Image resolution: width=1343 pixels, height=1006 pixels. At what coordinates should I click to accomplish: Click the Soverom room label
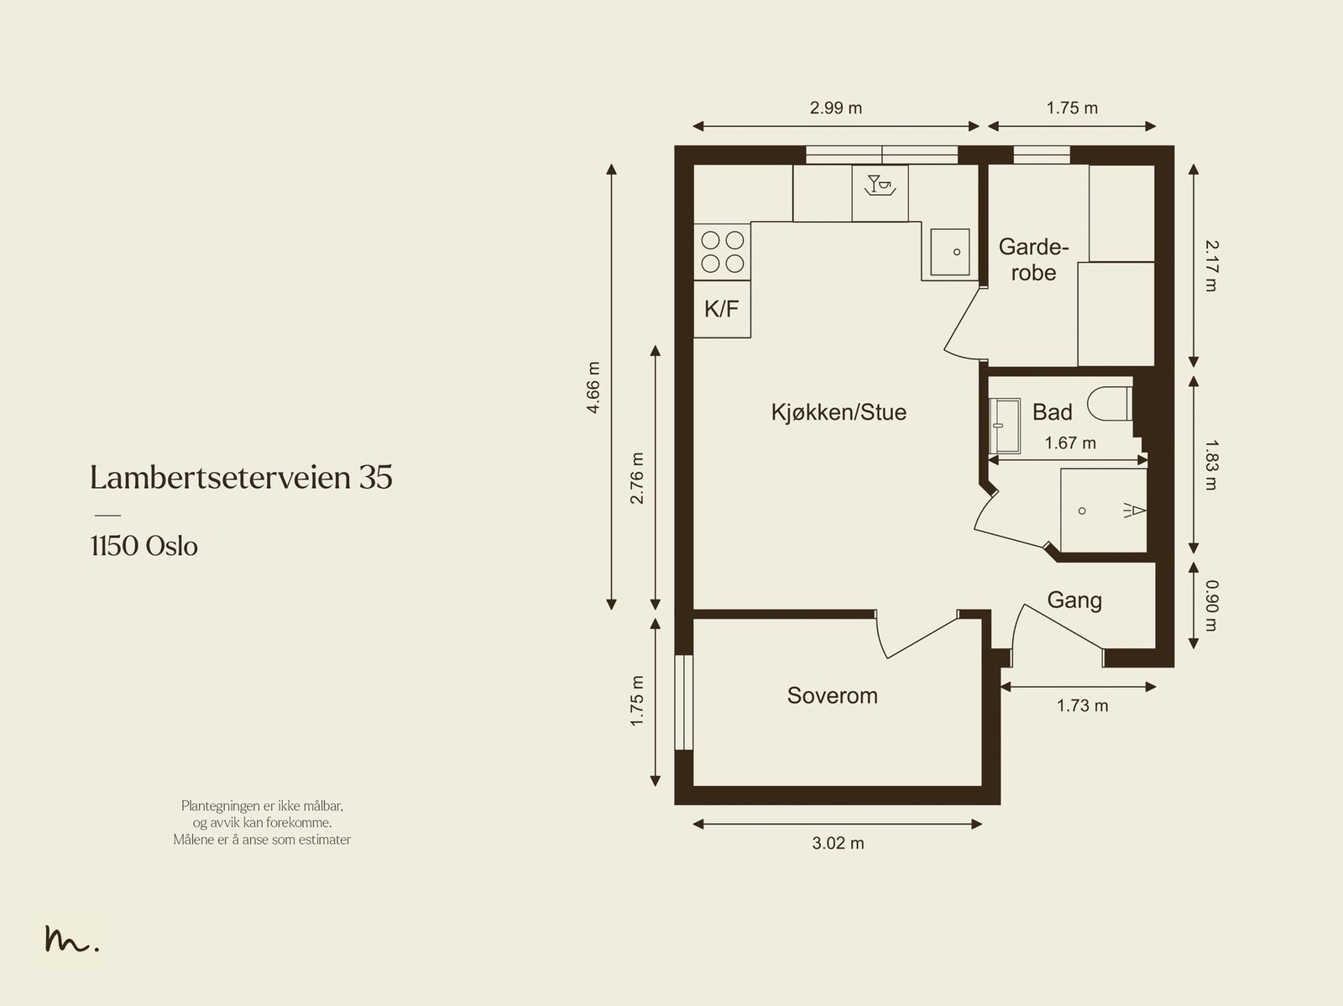click(832, 696)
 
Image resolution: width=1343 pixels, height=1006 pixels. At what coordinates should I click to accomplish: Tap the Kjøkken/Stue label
click(839, 412)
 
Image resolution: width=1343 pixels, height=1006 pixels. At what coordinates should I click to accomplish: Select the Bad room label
click(1052, 412)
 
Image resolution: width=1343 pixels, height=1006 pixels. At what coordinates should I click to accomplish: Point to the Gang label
click(1074, 600)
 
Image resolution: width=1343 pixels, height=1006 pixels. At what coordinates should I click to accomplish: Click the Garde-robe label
click(1033, 260)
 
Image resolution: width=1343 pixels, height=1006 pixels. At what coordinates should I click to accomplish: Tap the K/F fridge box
click(722, 309)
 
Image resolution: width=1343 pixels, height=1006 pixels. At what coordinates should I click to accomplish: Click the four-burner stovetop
click(723, 252)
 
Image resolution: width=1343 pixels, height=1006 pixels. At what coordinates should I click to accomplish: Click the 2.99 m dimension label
click(836, 107)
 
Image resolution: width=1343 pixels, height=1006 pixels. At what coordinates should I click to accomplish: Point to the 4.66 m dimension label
click(593, 387)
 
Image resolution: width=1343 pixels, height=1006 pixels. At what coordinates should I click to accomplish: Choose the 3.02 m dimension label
click(838, 843)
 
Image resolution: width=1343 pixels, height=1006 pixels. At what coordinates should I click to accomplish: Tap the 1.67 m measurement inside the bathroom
click(1070, 443)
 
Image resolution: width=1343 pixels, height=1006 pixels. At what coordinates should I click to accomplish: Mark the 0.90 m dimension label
click(1211, 605)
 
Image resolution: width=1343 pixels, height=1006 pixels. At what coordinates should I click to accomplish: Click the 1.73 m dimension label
click(1082, 706)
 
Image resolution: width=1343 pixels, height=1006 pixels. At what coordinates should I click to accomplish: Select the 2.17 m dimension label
click(1211, 265)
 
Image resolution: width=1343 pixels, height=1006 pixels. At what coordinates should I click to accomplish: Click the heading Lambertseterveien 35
click(241, 478)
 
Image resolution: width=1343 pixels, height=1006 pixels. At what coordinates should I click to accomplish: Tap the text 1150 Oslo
click(144, 547)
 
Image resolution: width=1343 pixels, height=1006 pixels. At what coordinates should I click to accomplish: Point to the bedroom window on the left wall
click(684, 702)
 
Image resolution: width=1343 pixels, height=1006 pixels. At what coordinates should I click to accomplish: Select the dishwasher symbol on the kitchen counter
click(881, 193)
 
